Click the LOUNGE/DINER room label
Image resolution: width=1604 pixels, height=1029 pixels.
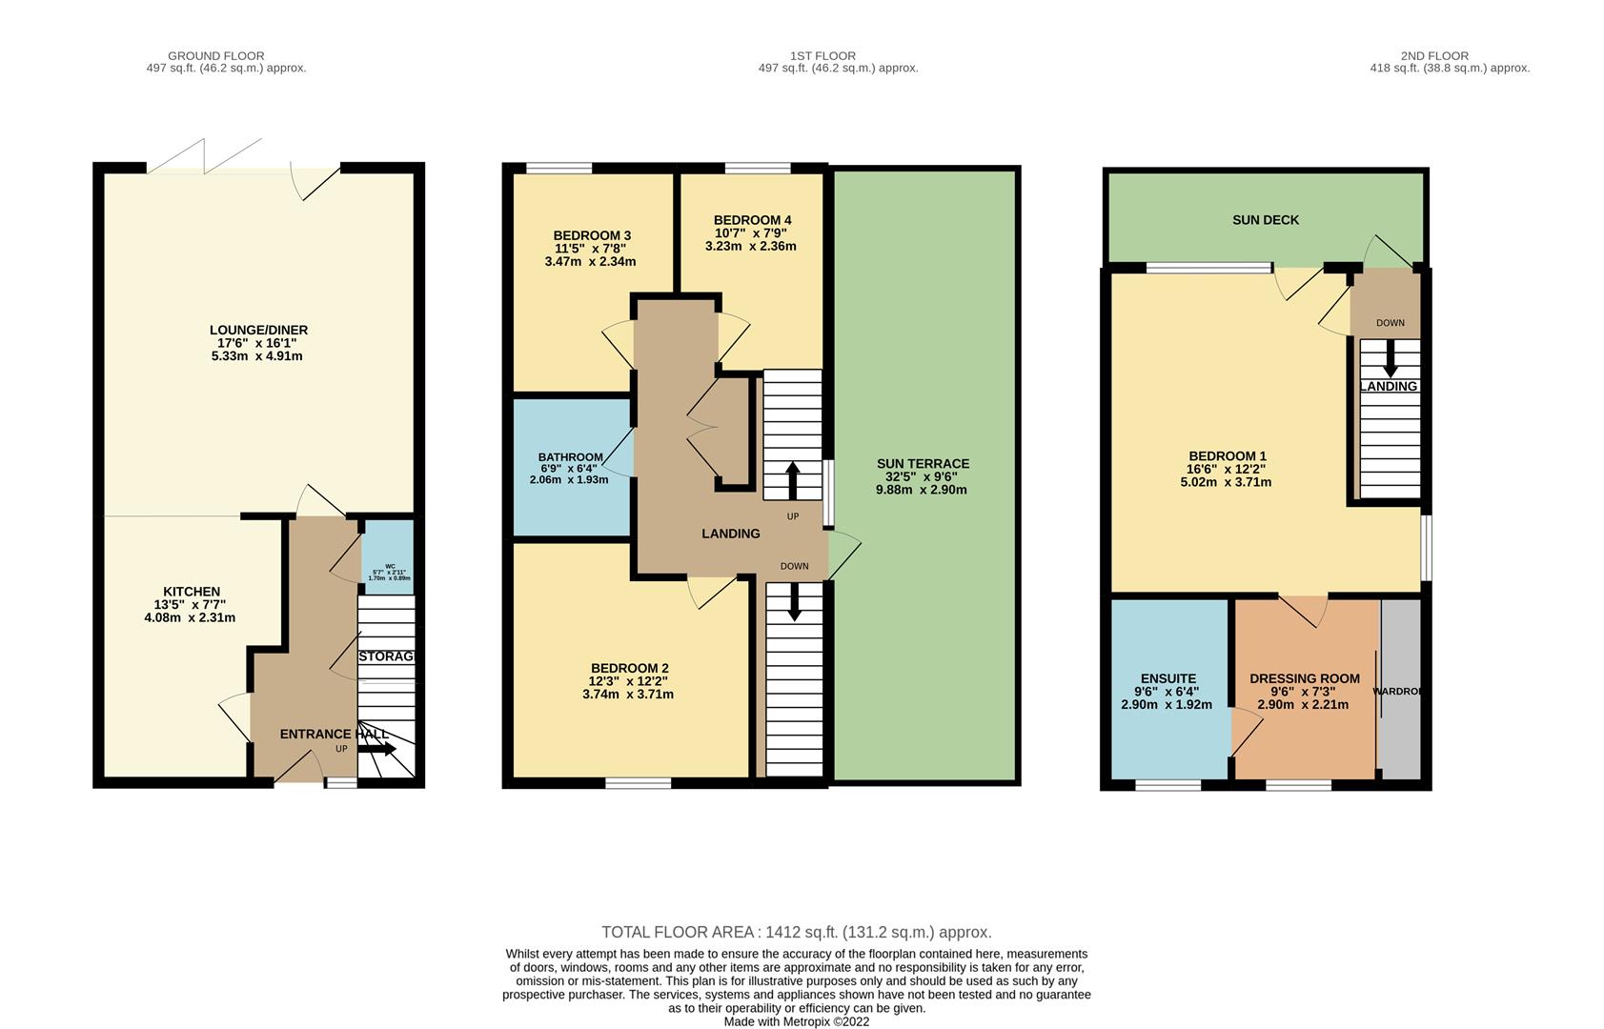(x=258, y=331)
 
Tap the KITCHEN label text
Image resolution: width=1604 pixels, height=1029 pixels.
(x=192, y=592)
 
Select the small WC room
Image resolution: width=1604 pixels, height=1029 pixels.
(x=389, y=557)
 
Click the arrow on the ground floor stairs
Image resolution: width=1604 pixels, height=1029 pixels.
(x=377, y=749)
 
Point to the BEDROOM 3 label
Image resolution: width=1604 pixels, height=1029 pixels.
(x=592, y=235)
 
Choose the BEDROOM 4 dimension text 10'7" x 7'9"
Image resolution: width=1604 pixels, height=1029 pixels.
(x=752, y=232)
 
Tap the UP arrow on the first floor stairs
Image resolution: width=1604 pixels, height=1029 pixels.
(x=792, y=479)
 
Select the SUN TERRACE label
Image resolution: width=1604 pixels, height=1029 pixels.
(x=923, y=464)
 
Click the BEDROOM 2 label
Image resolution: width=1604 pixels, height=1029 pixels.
(x=629, y=668)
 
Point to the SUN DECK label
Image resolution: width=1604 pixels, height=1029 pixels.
(x=1266, y=220)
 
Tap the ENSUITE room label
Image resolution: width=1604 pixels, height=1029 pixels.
(x=1167, y=679)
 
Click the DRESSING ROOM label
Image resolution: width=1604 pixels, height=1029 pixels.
(x=1305, y=679)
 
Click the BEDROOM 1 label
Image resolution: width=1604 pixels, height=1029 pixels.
(x=1227, y=456)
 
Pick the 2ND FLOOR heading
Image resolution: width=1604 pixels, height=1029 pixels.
(x=1434, y=56)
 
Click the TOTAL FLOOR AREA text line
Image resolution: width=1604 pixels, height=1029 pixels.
(x=796, y=932)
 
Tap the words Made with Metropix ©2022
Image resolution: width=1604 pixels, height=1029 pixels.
(x=796, y=1021)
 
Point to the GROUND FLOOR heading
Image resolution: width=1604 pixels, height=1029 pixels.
(x=216, y=56)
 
